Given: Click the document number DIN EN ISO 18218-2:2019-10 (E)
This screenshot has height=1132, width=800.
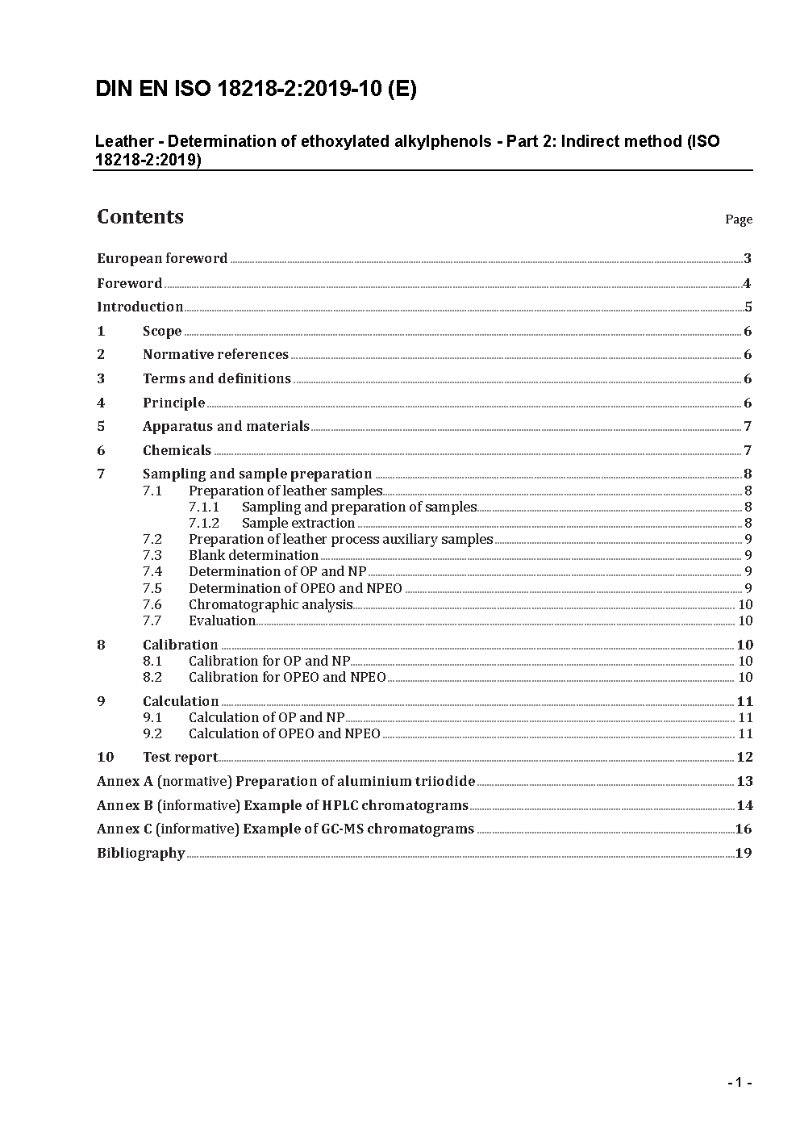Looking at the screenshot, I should pyautogui.click(x=256, y=89).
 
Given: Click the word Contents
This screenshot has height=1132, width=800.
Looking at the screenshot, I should pyautogui.click(x=140, y=216).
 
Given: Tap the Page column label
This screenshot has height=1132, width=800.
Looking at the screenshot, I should pyautogui.click(x=738, y=219).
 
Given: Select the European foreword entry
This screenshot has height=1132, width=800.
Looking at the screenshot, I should pyautogui.click(x=162, y=258).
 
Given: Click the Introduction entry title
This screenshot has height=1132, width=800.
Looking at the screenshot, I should pyautogui.click(x=140, y=307).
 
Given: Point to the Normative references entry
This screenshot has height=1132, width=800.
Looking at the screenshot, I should pyautogui.click(x=215, y=354).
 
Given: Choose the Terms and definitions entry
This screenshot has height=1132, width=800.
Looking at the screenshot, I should pyautogui.click(x=216, y=378).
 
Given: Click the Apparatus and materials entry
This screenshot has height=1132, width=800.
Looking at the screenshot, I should pyautogui.click(x=226, y=426).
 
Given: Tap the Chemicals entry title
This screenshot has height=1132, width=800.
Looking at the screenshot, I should pyautogui.click(x=177, y=450).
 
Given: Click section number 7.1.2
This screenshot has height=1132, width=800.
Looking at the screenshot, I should pyautogui.click(x=204, y=523).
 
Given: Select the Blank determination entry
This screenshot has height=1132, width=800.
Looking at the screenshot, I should pyautogui.click(x=253, y=555).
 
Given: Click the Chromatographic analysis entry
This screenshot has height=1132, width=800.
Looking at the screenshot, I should pyautogui.click(x=270, y=604).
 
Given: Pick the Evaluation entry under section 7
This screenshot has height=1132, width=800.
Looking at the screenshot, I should pyautogui.click(x=222, y=620).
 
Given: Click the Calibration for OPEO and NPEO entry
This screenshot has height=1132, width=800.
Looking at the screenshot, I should pyautogui.click(x=287, y=677).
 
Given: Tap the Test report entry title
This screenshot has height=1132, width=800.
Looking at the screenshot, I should pyautogui.click(x=180, y=757).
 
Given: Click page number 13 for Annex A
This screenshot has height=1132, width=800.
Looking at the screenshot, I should pyautogui.click(x=744, y=781).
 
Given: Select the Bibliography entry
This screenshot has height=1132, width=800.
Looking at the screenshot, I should pyautogui.click(x=141, y=853).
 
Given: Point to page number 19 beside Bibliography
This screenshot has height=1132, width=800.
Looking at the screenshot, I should pyautogui.click(x=744, y=853).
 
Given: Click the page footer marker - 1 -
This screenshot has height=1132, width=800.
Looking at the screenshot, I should pyautogui.click(x=740, y=1083).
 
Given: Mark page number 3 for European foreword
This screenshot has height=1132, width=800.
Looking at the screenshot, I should pyautogui.click(x=748, y=258).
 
